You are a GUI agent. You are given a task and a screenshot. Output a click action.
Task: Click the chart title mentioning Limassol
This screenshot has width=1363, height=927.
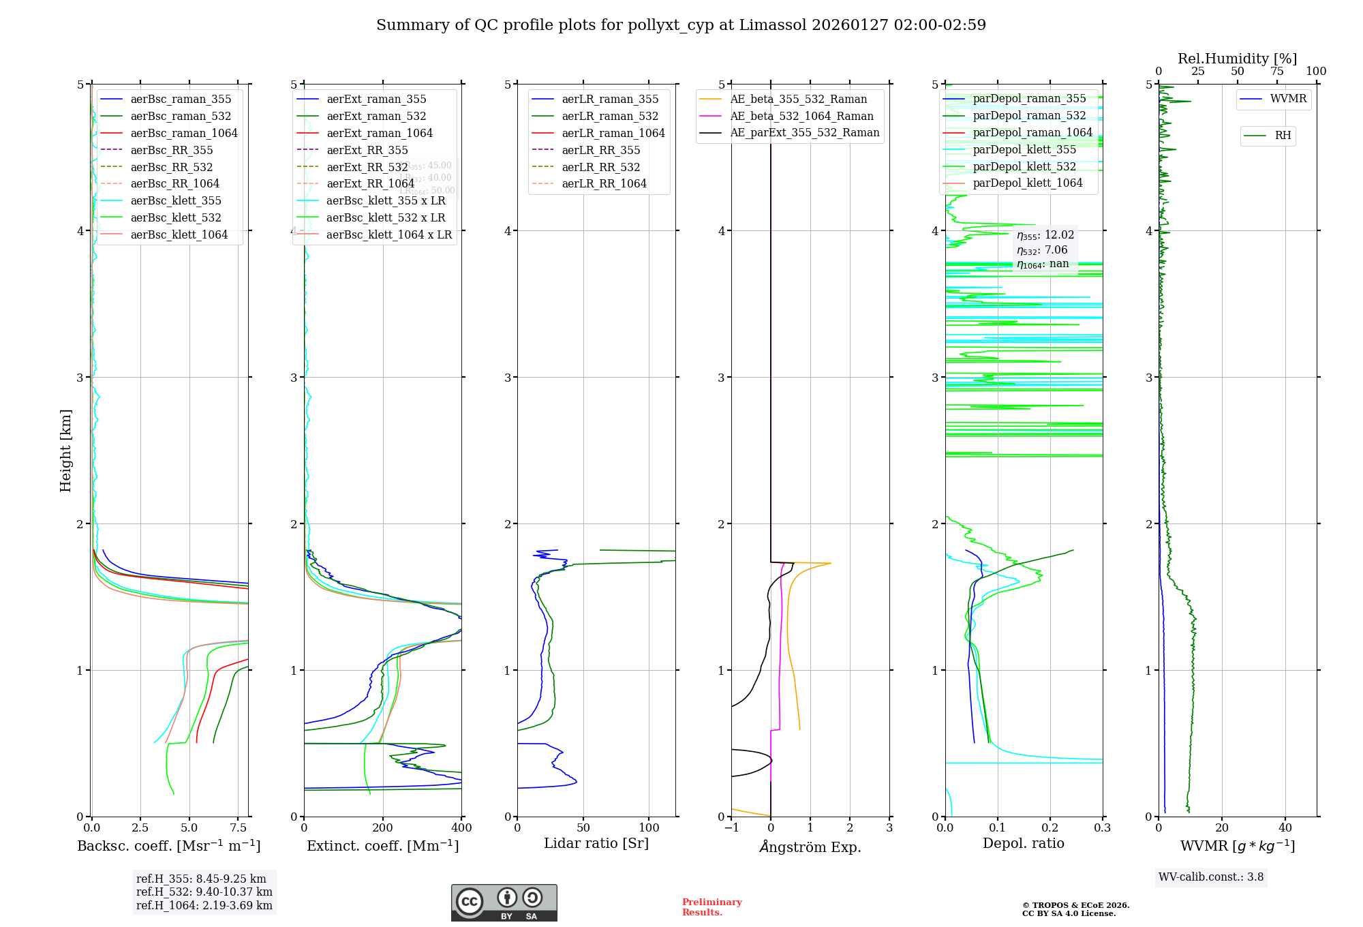(x=681, y=25)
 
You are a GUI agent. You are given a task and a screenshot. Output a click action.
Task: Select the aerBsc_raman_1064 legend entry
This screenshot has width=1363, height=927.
(x=184, y=133)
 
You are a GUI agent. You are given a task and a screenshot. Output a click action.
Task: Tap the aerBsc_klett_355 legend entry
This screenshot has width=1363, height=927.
(x=176, y=200)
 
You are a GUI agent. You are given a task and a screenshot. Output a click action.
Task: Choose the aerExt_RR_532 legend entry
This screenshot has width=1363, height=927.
(x=367, y=167)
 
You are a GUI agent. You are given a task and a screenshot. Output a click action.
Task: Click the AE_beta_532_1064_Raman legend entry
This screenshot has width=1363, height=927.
(x=801, y=116)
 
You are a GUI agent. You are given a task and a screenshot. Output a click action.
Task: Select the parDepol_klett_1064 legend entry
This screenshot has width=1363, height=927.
(x=1027, y=183)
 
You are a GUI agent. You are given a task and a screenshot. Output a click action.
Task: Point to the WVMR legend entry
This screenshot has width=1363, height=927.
(x=1288, y=99)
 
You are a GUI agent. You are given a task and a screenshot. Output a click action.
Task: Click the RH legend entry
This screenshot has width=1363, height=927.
(x=1283, y=136)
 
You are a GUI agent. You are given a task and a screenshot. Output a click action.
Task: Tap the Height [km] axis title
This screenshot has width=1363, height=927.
(x=65, y=450)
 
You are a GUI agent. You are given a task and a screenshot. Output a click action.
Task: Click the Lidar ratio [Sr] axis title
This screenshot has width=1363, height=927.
(x=596, y=843)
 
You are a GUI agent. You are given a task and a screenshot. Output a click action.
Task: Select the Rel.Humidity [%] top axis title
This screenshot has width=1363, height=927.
(x=1237, y=59)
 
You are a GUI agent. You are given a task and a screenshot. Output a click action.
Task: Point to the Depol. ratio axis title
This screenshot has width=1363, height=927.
(x=1023, y=843)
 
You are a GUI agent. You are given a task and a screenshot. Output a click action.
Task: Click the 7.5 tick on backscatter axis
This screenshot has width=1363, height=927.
(x=238, y=827)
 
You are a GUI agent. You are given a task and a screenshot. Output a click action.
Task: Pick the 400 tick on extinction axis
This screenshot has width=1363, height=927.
(x=461, y=827)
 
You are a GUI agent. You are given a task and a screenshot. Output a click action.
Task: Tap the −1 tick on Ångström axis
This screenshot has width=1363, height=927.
(x=731, y=827)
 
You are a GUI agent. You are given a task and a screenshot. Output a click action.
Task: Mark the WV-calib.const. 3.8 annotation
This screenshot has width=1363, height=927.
(x=1211, y=877)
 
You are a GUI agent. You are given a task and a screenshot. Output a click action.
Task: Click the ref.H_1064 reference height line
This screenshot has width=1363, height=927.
(x=204, y=905)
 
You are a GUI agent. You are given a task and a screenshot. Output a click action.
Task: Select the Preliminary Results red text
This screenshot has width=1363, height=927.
(x=711, y=907)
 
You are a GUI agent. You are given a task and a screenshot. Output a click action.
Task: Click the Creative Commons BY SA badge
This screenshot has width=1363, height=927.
(x=504, y=903)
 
